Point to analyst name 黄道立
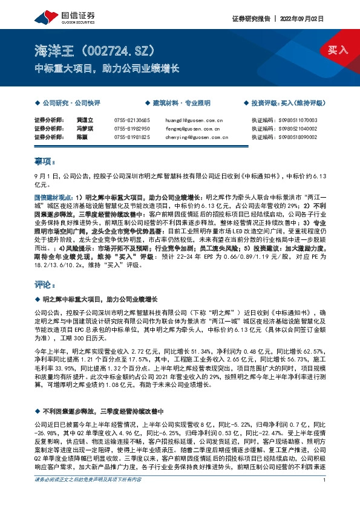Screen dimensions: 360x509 pyautogui.click(x=83, y=120)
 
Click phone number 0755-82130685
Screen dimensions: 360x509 pyautogui.click(x=132, y=120)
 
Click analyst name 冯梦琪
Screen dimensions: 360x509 pyautogui.click(x=83, y=129)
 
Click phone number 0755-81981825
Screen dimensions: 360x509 pyautogui.click(x=132, y=137)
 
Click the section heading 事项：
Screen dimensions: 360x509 pyautogui.click(x=45, y=162)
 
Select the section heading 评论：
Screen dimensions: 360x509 pyautogui.click(x=45, y=284)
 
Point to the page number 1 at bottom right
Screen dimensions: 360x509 pyautogui.click(x=325, y=497)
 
